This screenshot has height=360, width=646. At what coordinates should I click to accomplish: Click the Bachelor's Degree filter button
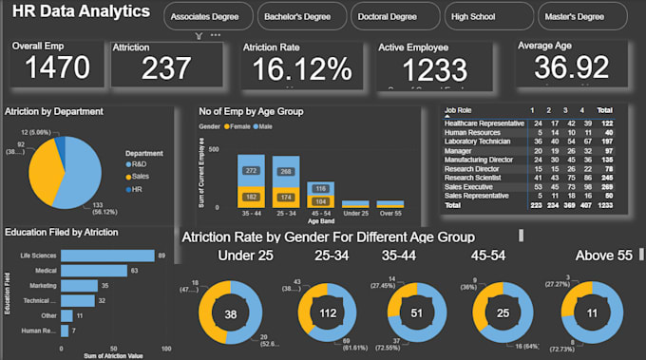301,16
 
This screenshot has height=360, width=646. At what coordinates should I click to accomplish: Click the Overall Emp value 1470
57,67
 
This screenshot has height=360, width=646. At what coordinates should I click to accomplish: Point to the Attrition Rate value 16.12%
296,68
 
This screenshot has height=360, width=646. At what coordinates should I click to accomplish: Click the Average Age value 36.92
571,67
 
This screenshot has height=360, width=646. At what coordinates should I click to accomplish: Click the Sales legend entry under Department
140,176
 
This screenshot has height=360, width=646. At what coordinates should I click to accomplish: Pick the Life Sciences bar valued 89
107,255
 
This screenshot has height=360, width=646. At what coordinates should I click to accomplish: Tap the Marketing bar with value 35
78,285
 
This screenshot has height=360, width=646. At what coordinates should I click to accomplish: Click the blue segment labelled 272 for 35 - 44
252,171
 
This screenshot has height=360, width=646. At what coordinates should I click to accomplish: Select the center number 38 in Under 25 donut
229,314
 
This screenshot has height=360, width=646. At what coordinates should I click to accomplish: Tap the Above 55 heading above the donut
603,256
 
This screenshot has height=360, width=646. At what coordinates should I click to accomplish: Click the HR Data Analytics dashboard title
80,12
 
